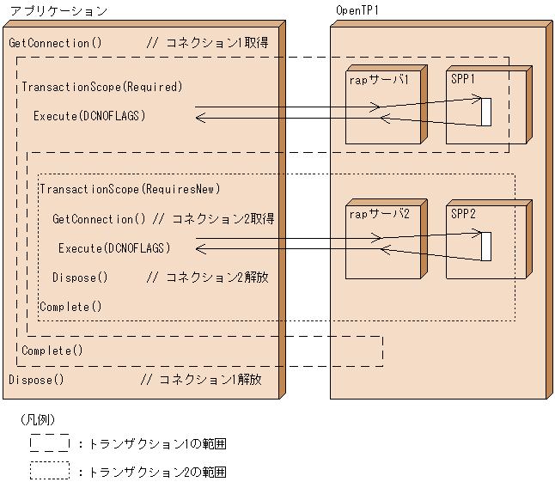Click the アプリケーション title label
58,11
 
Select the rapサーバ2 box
380,241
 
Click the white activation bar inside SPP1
485,113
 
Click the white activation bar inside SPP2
485,246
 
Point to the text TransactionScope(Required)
101,87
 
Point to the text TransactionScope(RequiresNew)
130,189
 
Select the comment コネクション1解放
204,379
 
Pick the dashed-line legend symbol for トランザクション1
49,443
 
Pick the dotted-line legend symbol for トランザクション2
49,472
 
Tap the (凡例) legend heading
37,420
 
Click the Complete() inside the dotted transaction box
70,307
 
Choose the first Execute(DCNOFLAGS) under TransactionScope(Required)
89,115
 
